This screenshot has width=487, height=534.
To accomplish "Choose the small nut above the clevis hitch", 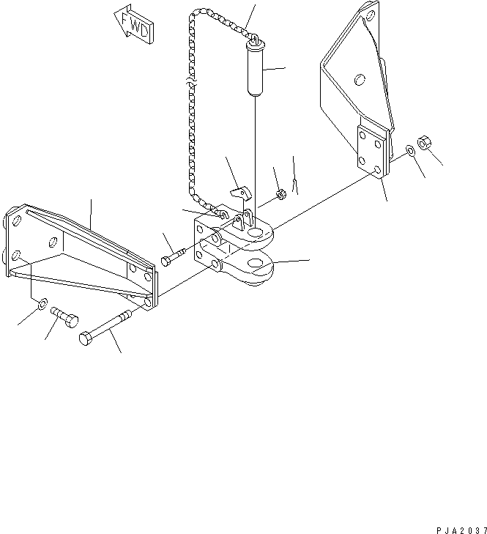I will tap(280, 195).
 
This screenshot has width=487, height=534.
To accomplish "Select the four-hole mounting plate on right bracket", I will tap(371, 151).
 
